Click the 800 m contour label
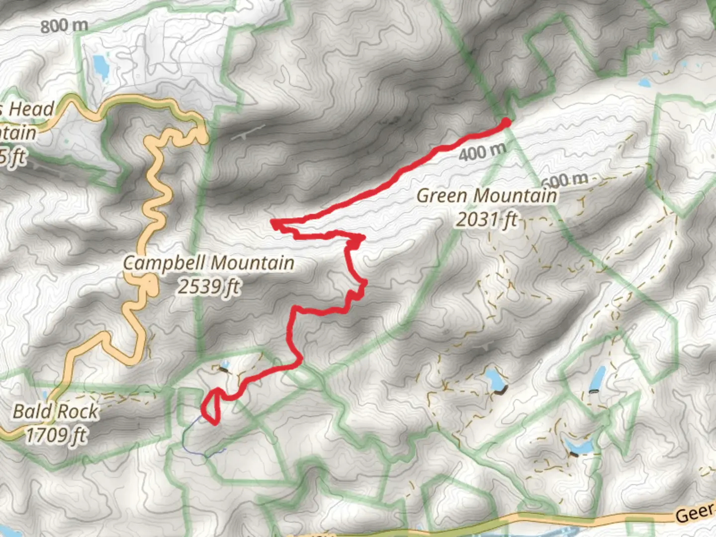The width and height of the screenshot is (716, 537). pos(64,25)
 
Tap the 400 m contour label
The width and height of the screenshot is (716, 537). pos(482,152)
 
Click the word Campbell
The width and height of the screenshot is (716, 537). pos(167,263)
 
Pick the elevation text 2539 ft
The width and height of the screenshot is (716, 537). pos(209,286)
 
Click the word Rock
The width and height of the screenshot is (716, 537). pos(79,412)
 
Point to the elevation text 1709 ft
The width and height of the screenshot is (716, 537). pos(56,436)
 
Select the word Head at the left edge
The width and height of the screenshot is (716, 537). pos(31,109)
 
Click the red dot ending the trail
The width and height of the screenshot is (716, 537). pos(506,122)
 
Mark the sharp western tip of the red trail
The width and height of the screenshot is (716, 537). pos(272,222)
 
